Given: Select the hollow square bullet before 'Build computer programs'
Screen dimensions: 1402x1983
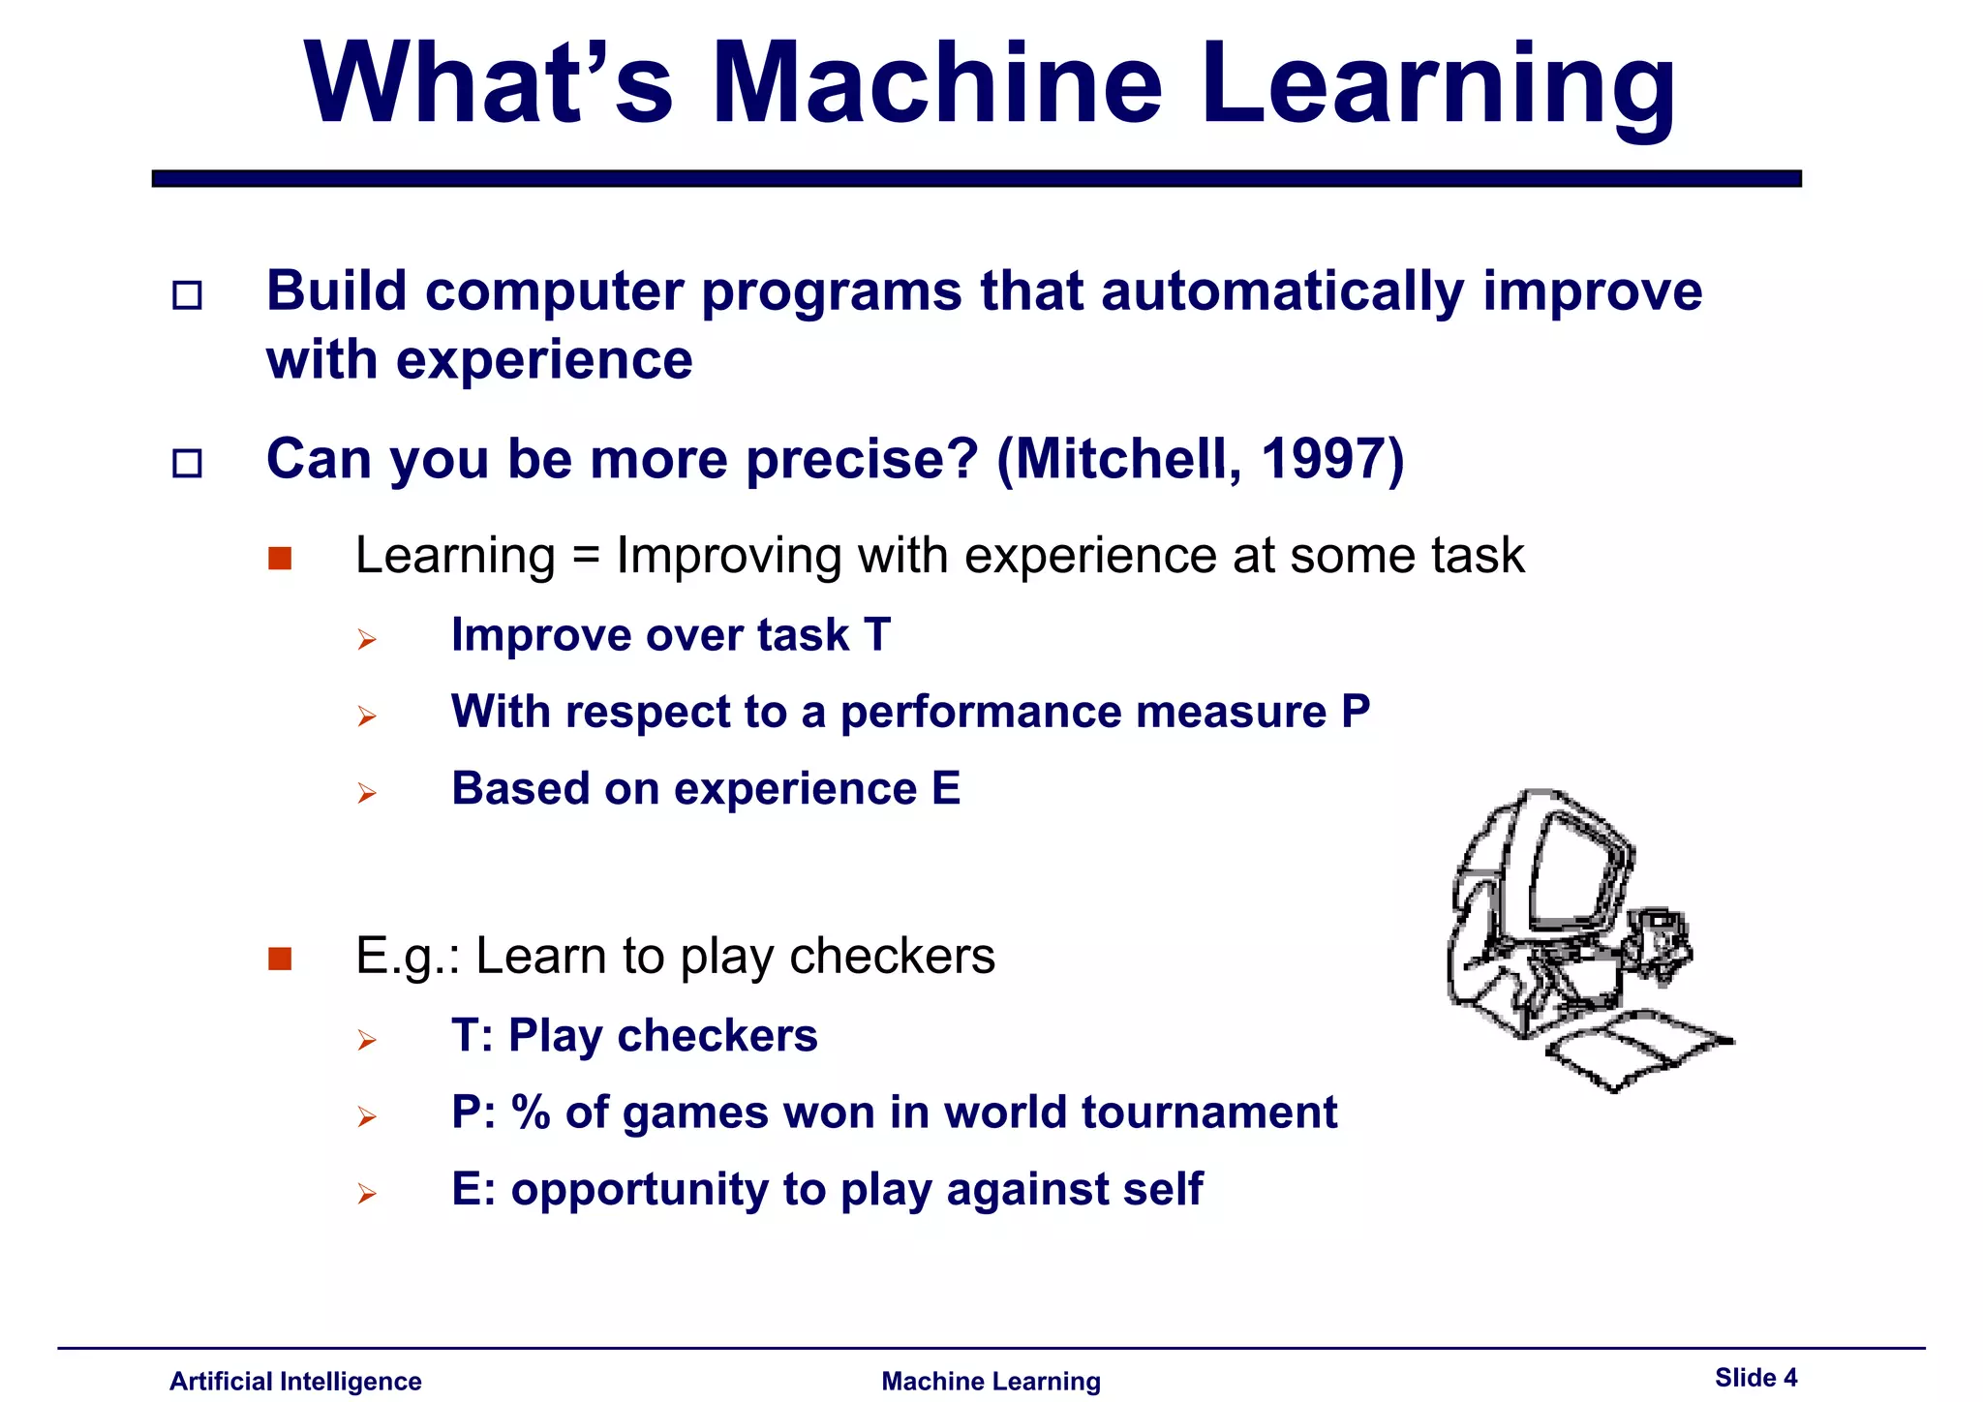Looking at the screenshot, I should tap(187, 294).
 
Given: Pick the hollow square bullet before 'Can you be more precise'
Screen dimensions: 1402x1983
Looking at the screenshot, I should tap(187, 463).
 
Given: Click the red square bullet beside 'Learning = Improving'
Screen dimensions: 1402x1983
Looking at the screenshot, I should tap(280, 559).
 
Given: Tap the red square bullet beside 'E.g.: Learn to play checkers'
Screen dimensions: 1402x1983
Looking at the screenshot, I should tap(280, 959).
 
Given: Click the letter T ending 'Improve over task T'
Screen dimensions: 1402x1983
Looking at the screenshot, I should tap(876, 635).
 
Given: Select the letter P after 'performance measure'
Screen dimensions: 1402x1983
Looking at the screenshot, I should tap(1356, 712).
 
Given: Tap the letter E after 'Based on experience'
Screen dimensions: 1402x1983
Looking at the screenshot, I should tap(945, 788).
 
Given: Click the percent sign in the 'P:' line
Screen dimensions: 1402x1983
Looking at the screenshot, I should tap(531, 1112).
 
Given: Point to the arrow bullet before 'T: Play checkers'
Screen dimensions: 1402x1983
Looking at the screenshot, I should tap(366, 1041).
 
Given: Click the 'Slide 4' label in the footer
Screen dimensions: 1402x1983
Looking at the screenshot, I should tap(1755, 1378).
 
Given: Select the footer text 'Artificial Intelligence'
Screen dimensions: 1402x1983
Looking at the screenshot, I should tap(295, 1382).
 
